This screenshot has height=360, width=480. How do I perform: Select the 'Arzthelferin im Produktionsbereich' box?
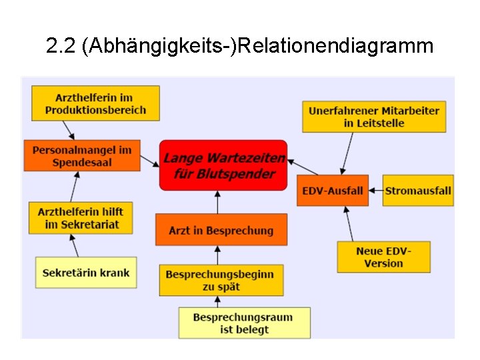pyautogui.click(x=95, y=103)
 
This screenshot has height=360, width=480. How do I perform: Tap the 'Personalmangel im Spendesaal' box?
pyautogui.click(x=81, y=156)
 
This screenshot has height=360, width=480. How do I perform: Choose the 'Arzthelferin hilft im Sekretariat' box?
pyautogui.click(x=81, y=218)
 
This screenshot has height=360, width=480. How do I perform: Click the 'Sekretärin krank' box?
pyautogui.click(x=86, y=272)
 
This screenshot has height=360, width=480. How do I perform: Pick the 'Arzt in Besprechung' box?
pyautogui.click(x=221, y=230)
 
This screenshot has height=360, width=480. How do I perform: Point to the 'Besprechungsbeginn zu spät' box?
pyautogui.click(x=221, y=280)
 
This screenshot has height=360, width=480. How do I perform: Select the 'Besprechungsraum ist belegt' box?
pyautogui.click(x=244, y=323)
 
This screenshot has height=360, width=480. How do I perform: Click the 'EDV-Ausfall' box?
pyautogui.click(x=332, y=190)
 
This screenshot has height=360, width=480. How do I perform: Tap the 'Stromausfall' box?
pyautogui.click(x=418, y=190)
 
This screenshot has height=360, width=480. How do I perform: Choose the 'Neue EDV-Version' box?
pyautogui.click(x=383, y=257)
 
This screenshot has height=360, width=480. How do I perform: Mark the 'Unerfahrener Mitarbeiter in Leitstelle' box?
pyautogui.click(x=374, y=117)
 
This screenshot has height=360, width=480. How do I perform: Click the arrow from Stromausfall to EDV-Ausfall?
pyautogui.click(x=375, y=190)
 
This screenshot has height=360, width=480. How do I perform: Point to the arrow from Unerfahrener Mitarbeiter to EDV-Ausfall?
pyautogui.click(x=347, y=154)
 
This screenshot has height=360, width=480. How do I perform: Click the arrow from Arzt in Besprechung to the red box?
pyautogui.click(x=218, y=203)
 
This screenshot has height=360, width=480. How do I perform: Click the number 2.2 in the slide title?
pyautogui.click(x=61, y=46)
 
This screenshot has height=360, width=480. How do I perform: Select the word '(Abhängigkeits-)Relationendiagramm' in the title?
pyautogui.click(x=257, y=46)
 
